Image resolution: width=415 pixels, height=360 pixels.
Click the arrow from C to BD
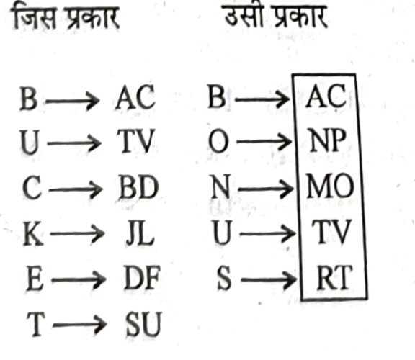[x=76, y=189]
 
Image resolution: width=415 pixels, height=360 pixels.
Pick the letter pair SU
[x=143, y=324]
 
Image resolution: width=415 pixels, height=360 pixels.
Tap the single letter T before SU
[x=35, y=324]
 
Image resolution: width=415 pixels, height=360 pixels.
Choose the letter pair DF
[x=142, y=278]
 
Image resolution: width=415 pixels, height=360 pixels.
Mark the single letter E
[x=35, y=279]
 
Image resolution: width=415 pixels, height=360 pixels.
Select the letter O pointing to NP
[x=218, y=142]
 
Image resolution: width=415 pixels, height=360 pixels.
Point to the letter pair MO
[x=330, y=186]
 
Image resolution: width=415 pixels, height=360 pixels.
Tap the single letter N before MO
[x=220, y=187]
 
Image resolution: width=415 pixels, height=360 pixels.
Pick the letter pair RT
[x=334, y=277]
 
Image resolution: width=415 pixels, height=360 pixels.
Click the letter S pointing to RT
[x=224, y=279]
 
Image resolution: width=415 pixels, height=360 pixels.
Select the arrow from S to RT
[x=269, y=279]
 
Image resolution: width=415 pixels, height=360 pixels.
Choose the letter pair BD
[x=138, y=187]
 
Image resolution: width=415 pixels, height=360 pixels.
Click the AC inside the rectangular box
[x=325, y=96]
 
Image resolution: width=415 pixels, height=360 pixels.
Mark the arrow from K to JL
[x=77, y=234]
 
